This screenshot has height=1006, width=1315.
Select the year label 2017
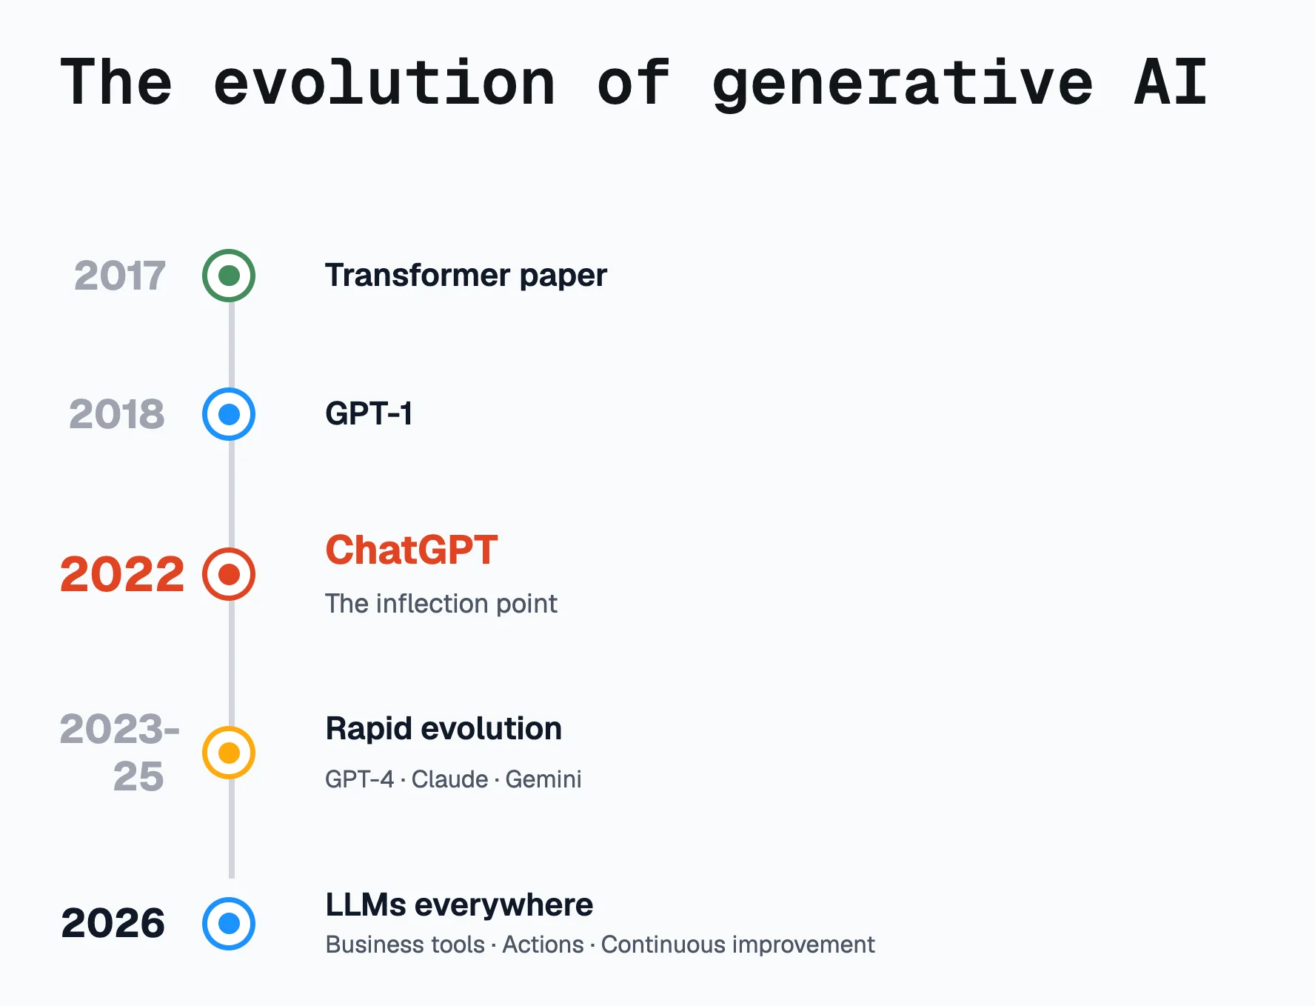[x=120, y=276]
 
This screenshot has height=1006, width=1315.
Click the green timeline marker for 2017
[x=229, y=276]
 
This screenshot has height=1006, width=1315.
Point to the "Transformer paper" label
[x=466, y=276]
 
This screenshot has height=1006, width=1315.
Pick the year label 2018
[x=117, y=414]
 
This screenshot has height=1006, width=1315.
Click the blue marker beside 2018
[x=229, y=414]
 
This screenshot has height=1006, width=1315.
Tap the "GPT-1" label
[x=369, y=413]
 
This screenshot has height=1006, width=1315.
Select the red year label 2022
[x=122, y=574]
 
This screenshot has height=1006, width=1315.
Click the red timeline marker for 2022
[x=229, y=574]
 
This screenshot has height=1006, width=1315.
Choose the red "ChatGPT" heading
[x=412, y=550]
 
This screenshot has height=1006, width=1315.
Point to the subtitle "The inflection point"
[x=441, y=604]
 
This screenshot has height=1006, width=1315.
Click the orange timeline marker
[x=229, y=753]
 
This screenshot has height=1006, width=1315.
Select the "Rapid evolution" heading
[x=444, y=729]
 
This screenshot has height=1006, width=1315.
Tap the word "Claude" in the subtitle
[x=449, y=779]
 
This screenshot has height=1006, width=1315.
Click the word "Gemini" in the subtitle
[x=543, y=779]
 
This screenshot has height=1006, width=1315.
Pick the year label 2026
[x=113, y=924]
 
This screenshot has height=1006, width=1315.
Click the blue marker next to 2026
[x=229, y=924]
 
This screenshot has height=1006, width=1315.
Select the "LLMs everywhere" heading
[x=459, y=905]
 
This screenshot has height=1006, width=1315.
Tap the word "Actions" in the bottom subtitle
[x=543, y=945]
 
